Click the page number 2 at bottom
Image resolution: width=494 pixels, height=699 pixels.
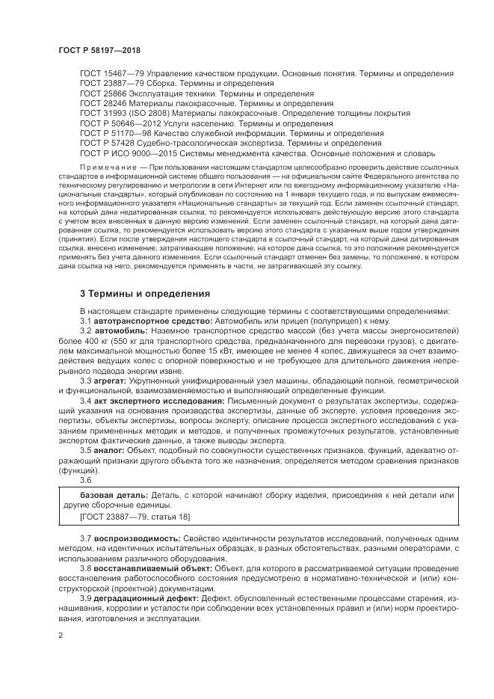click(60, 635)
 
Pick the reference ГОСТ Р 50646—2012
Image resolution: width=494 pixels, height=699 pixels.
click(115, 123)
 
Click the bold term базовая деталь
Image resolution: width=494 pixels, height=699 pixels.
click(114, 495)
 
